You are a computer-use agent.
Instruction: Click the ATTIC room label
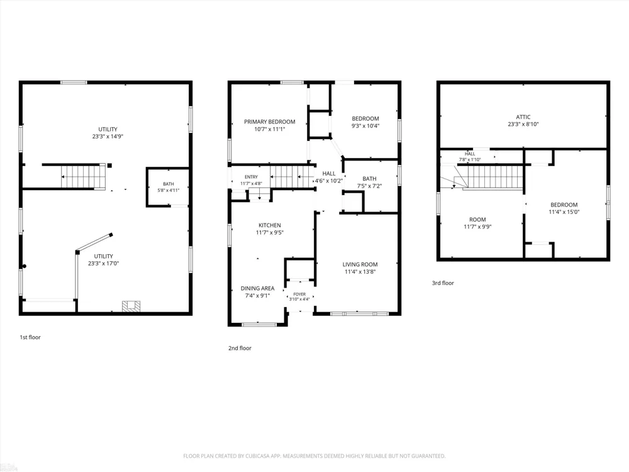[x=523, y=117]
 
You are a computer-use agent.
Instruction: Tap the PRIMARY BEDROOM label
[x=270, y=121]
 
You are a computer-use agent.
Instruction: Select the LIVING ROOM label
[x=360, y=264]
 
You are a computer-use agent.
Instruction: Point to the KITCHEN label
[x=270, y=225]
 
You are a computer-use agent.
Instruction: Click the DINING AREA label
[x=257, y=288]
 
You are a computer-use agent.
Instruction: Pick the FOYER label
[x=299, y=294]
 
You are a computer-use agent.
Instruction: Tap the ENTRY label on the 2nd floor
[x=251, y=177]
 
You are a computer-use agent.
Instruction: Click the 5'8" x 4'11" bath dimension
[x=168, y=190]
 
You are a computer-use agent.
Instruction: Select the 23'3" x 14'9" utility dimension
[x=108, y=137]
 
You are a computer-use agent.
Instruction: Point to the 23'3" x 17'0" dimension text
[x=104, y=264]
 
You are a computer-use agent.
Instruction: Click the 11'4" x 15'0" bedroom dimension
[x=564, y=212]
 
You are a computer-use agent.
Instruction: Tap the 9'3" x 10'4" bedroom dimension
[x=365, y=126]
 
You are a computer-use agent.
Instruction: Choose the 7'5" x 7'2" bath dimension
[x=369, y=186]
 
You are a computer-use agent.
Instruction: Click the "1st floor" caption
[x=30, y=337]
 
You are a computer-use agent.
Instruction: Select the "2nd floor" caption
[x=240, y=348]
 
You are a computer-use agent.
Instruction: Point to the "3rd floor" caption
[x=443, y=283]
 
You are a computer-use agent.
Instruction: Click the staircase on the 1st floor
[x=83, y=177]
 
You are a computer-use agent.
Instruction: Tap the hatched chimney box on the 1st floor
[x=131, y=306]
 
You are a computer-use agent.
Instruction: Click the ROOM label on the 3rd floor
[x=477, y=220]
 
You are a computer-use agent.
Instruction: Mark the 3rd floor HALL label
[x=470, y=154]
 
